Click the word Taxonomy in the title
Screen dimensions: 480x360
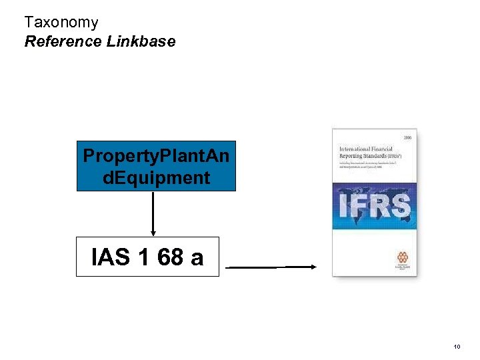click(x=61, y=23)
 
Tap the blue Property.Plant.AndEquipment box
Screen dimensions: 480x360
click(x=156, y=167)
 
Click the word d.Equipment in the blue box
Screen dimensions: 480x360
click(x=156, y=178)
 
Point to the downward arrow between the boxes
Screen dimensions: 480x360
click(x=153, y=214)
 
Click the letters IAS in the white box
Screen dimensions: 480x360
click(x=111, y=257)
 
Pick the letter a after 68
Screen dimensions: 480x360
click(x=197, y=257)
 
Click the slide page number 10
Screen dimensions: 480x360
click(x=457, y=347)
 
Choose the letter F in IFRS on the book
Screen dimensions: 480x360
click(x=359, y=206)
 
